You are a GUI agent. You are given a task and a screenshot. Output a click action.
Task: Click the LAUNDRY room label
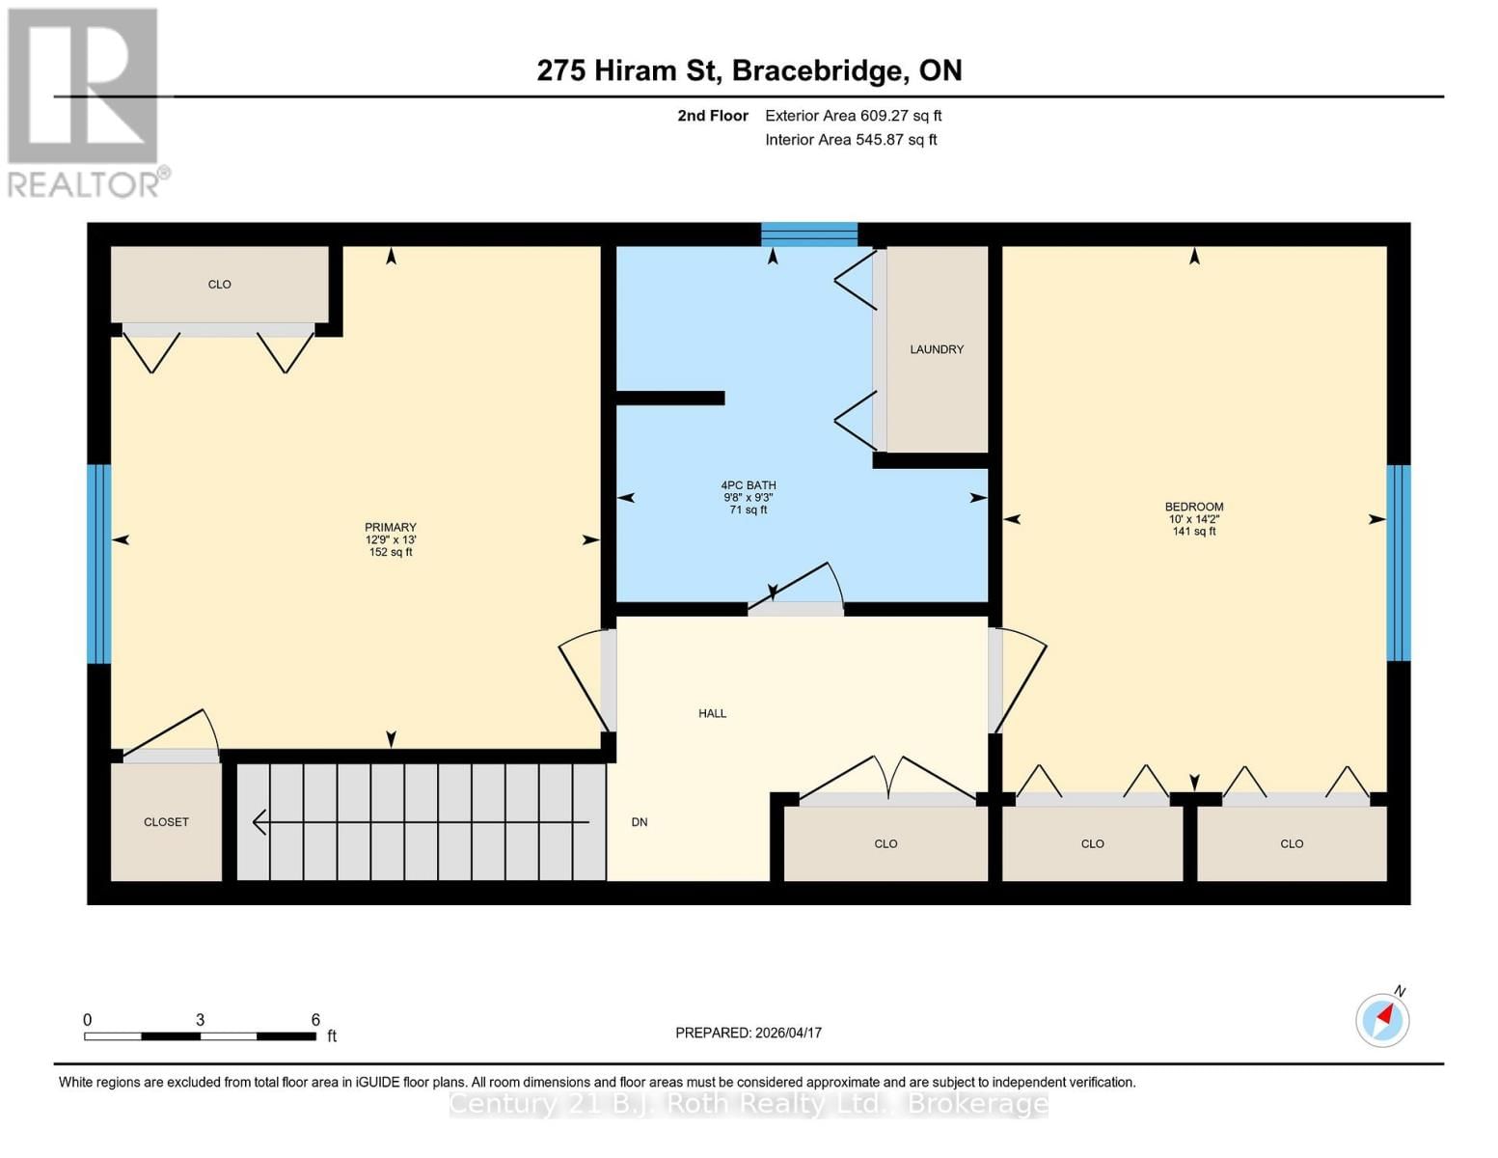coord(937,349)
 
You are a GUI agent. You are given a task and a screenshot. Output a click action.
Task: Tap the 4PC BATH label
coord(749,484)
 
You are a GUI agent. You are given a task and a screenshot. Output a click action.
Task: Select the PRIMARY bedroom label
coord(391,527)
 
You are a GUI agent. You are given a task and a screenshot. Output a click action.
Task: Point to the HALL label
coord(712,713)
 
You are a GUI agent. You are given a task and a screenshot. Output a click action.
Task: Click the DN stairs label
coord(640,822)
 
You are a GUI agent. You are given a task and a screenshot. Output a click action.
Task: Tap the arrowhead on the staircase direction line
coord(259,822)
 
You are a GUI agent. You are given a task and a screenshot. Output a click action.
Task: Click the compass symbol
coord(1383,1019)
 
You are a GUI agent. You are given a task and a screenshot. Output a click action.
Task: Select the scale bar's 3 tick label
coord(200,1020)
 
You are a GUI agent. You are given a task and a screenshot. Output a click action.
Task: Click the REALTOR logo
coord(86,103)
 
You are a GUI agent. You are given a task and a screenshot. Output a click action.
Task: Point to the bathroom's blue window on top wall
coord(809,234)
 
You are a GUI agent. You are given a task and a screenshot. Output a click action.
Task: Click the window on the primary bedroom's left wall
coord(99,564)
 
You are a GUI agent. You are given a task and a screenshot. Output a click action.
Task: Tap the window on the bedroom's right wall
coord(1398,563)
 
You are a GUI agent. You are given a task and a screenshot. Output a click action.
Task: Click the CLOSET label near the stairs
coord(166,822)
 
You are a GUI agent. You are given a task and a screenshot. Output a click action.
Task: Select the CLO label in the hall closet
coord(885,844)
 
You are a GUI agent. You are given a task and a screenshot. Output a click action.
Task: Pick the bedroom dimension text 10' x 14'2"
coord(1194,518)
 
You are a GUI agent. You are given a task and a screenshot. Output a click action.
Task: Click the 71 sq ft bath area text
coord(749,510)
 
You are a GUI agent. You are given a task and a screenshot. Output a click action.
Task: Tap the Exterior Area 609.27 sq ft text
coord(854,116)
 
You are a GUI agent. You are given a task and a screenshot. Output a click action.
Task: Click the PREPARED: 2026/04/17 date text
coord(749,1033)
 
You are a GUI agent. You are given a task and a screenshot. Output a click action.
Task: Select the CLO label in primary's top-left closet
coord(220,284)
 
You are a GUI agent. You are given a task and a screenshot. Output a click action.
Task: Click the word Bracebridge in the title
coord(817,70)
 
